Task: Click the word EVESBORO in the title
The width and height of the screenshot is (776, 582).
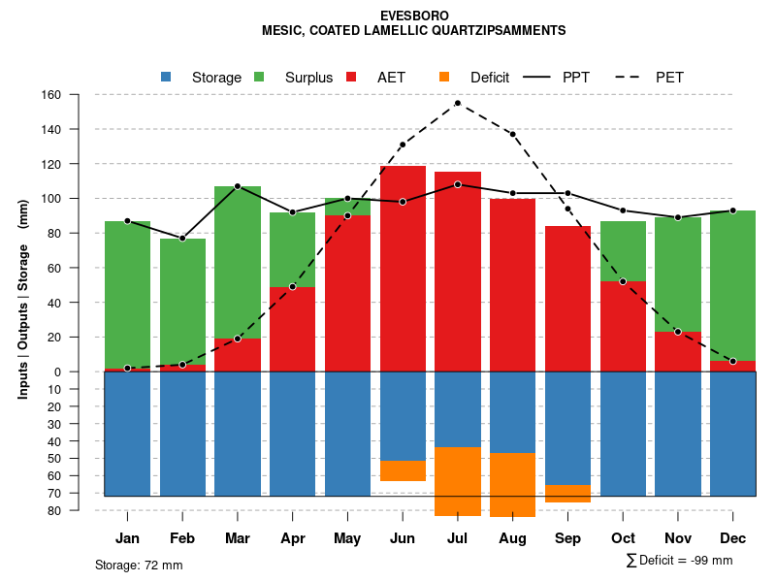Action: tap(414, 16)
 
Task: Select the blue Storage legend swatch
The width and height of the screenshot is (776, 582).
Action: tap(167, 77)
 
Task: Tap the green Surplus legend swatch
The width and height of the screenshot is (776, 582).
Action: tap(260, 77)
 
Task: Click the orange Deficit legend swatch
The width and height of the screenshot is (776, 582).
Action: tap(444, 77)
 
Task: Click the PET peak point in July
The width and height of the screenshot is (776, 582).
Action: tap(457, 103)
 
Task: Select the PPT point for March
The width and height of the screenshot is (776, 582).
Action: tap(237, 186)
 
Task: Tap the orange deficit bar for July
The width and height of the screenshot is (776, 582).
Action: tap(457, 481)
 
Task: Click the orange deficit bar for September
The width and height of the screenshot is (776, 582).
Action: tap(567, 493)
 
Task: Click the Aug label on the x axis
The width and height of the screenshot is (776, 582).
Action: tap(512, 538)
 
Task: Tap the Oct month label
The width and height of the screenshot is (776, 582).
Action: tap(623, 538)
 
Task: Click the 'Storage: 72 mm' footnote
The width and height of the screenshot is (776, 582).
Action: tap(139, 565)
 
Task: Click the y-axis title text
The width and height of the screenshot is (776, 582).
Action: tap(23, 299)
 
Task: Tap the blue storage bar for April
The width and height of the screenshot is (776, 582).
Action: tap(292, 434)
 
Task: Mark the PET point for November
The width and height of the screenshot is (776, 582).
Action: tap(678, 332)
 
